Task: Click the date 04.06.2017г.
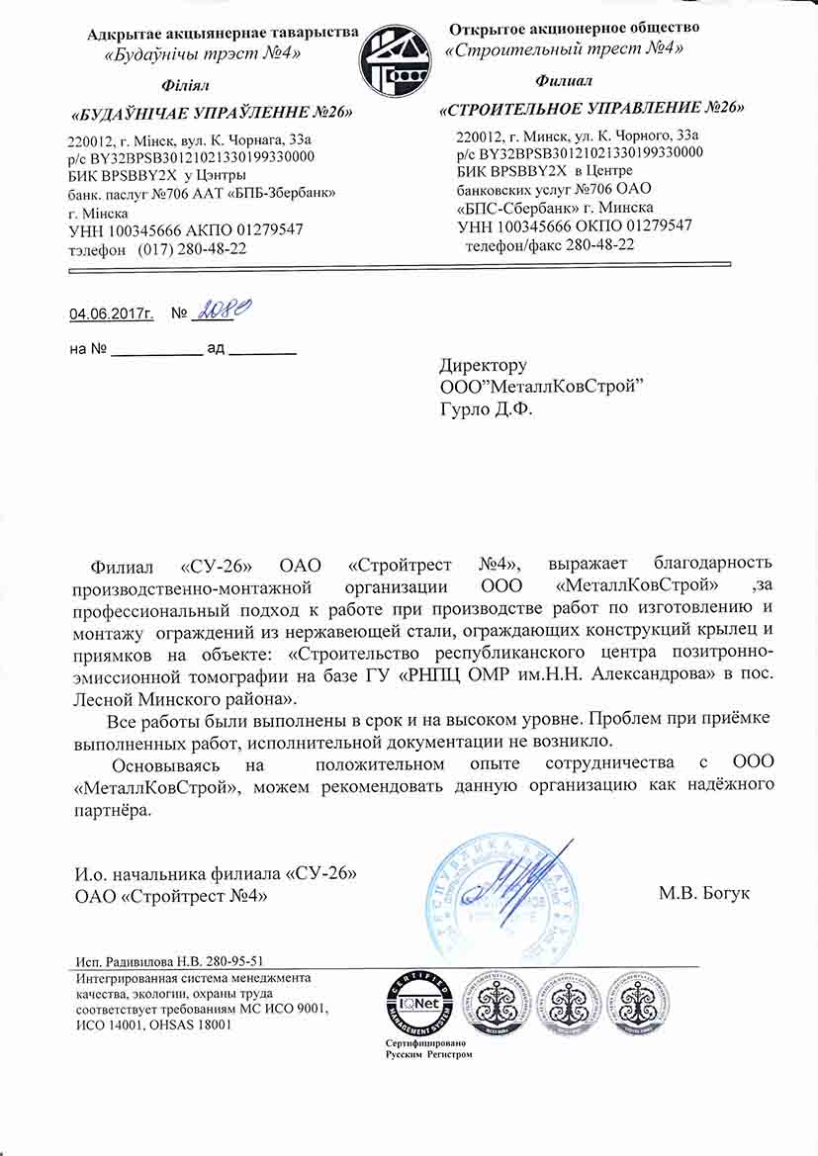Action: (x=112, y=314)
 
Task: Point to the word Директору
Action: (x=483, y=366)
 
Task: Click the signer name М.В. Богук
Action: (x=704, y=894)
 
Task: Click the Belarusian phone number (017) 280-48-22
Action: (x=193, y=250)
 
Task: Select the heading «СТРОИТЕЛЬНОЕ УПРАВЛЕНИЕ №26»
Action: (x=591, y=108)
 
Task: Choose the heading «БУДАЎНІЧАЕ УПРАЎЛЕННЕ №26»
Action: (x=213, y=113)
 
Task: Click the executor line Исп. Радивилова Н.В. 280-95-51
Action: (x=169, y=961)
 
